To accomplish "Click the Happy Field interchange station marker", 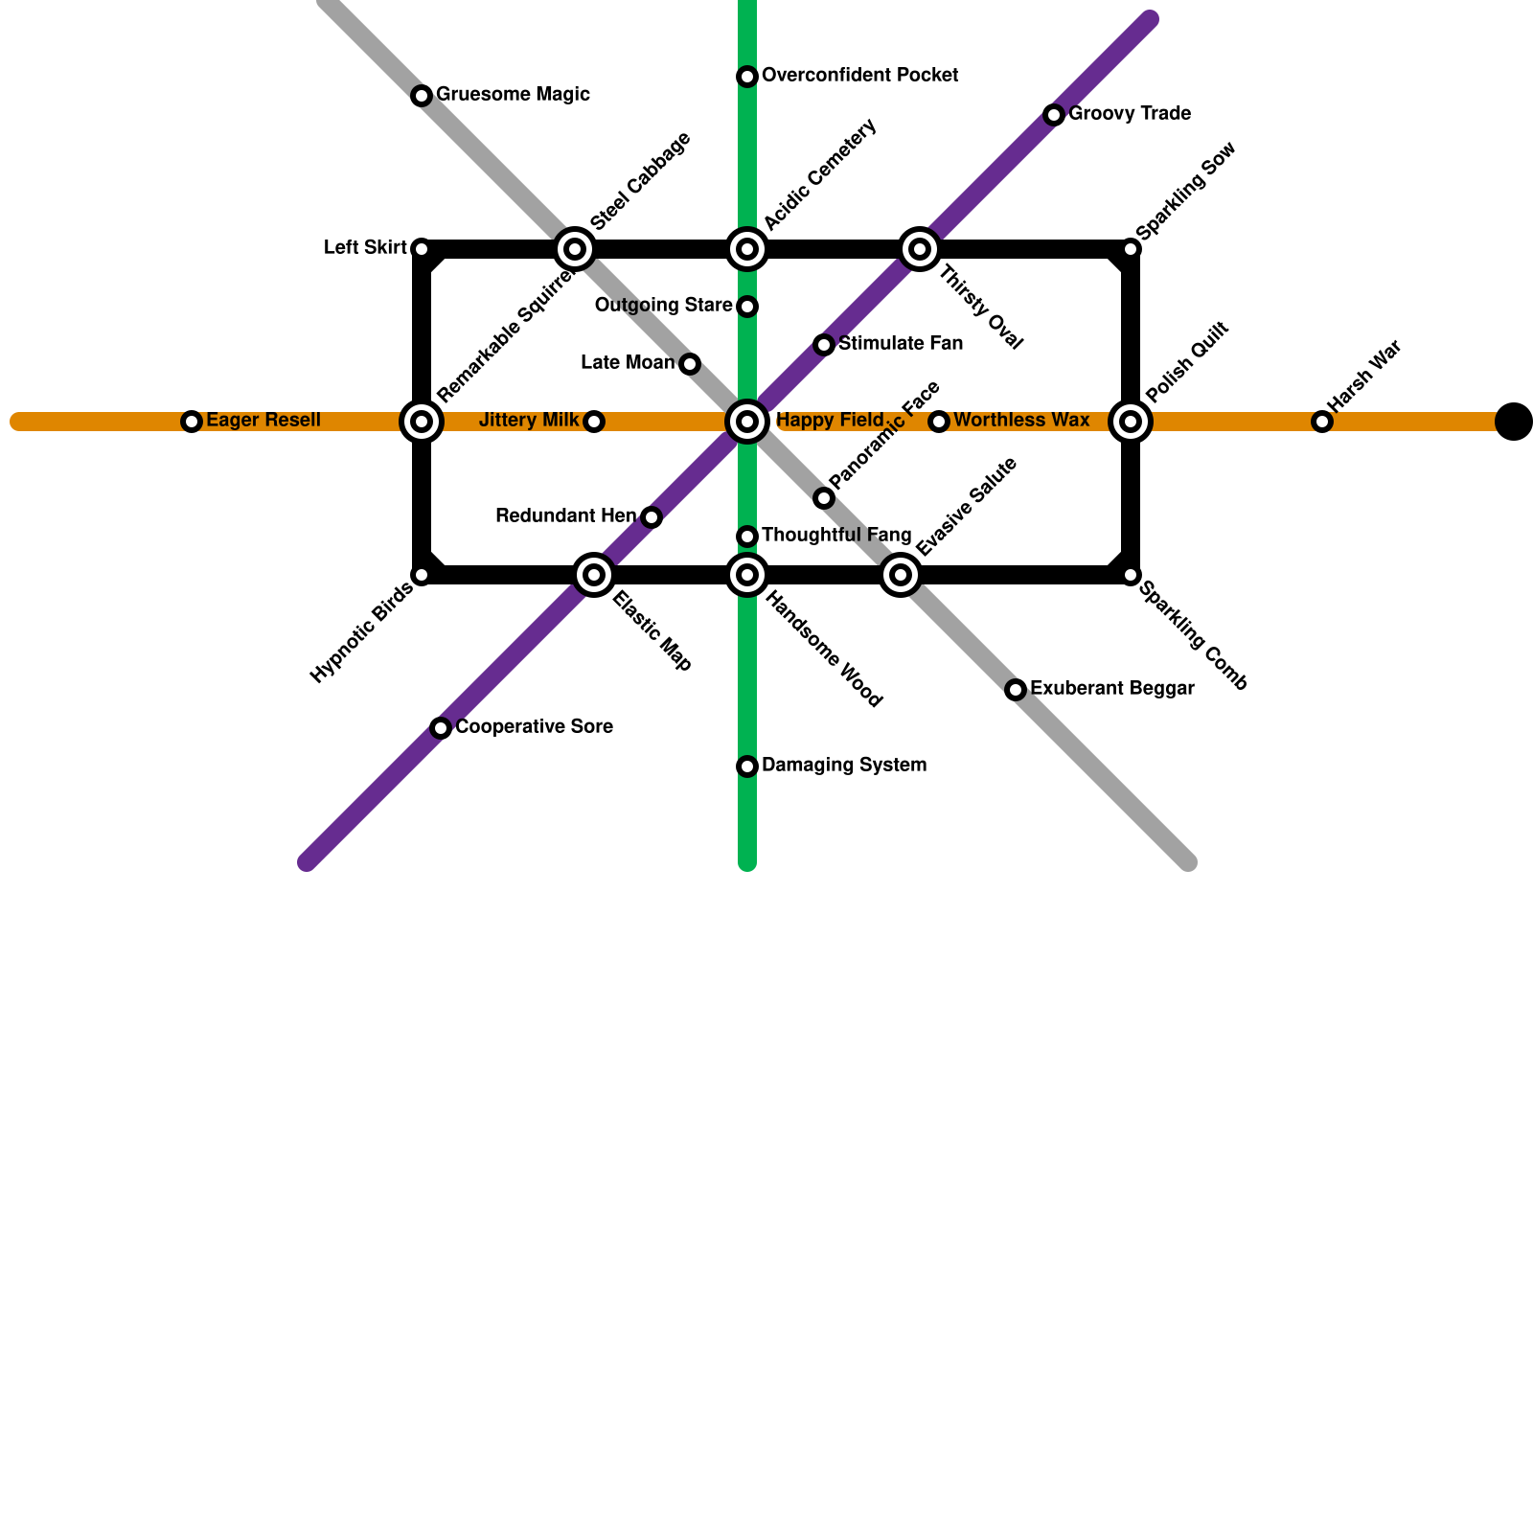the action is [747, 422].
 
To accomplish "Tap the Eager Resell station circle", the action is [192, 422].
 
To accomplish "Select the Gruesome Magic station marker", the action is [422, 96].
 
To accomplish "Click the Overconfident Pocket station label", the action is [859, 76].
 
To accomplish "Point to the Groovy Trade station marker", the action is [1054, 115].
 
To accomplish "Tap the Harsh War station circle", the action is [1322, 422].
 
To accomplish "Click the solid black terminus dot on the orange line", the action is [1514, 422].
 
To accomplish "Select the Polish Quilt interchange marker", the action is [1131, 422].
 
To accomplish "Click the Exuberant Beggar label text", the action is [1111, 689].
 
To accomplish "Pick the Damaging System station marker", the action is [747, 766].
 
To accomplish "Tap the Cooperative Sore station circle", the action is [441, 728].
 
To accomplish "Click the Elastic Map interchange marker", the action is [594, 575].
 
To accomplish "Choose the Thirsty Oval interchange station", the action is [920, 249].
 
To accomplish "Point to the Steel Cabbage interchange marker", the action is [575, 249].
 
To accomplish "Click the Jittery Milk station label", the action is [528, 421].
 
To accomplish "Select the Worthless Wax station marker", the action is [939, 422].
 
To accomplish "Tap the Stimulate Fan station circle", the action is [824, 345].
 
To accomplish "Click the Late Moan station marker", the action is [690, 364].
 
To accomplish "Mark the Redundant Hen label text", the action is [565, 516].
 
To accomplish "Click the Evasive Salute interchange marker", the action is [901, 575].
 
